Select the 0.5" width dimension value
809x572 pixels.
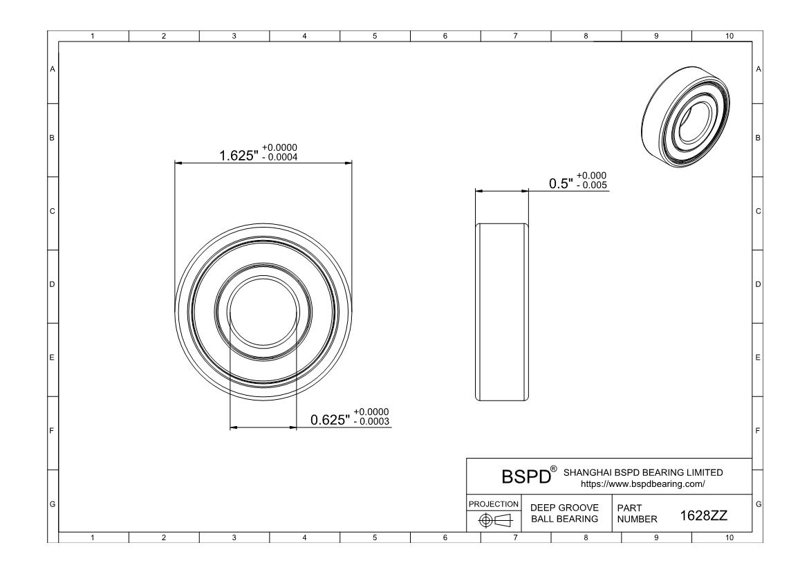point(561,184)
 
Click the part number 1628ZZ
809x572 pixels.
point(699,516)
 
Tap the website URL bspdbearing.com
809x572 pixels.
point(642,485)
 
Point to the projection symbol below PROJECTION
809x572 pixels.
point(494,520)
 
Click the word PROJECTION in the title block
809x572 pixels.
point(494,504)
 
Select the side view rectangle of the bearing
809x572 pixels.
point(501,311)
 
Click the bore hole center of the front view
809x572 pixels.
point(263,311)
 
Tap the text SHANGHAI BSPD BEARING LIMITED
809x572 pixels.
point(644,472)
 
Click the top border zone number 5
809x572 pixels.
point(375,36)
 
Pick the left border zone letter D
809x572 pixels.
point(52,284)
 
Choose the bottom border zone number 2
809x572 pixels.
point(164,537)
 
